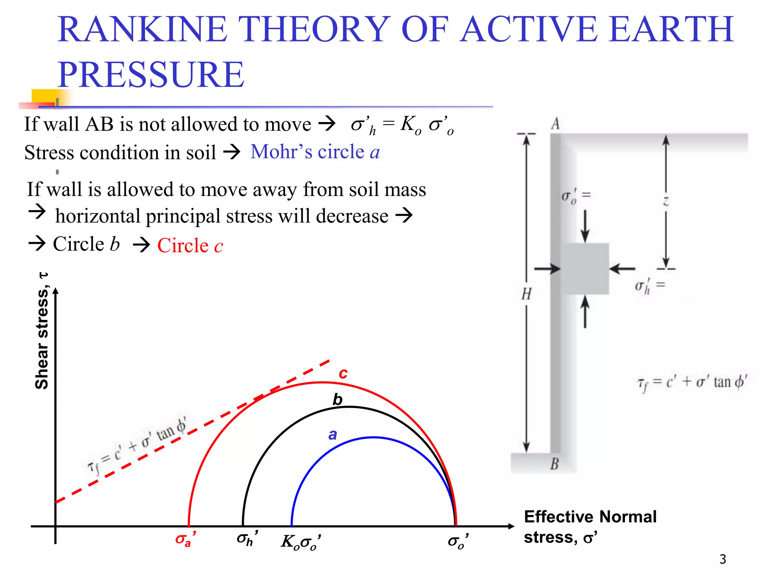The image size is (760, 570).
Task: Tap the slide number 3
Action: tap(723, 559)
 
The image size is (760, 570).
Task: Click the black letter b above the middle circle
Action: tap(337, 400)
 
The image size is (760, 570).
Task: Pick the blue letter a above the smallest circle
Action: tap(332, 435)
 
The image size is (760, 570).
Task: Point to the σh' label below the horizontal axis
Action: tap(247, 539)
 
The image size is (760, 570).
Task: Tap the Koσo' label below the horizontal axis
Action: tap(301, 542)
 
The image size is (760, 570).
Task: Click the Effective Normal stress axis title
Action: tap(590, 527)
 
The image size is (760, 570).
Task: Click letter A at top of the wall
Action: tap(555, 124)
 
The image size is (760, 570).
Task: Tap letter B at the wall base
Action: tap(554, 464)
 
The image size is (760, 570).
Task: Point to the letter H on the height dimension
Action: tap(526, 294)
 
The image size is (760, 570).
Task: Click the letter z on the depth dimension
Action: tap(666, 202)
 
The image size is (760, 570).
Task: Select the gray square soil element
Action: tap(585, 269)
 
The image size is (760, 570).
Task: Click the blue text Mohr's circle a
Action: tap(315, 152)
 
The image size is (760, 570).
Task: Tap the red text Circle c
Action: tap(190, 245)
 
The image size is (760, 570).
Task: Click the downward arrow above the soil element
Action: tap(585, 226)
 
